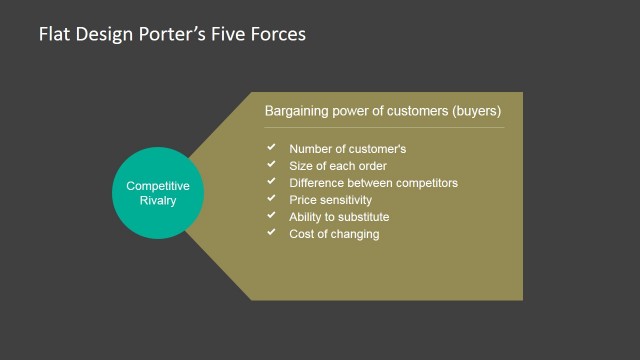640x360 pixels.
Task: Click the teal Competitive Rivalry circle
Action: tap(157, 193)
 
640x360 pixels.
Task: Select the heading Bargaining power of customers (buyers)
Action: tap(382, 111)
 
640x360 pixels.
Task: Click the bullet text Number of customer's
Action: tap(347, 149)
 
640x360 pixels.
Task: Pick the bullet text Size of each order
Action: tap(338, 166)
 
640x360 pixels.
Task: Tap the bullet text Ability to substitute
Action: tap(339, 217)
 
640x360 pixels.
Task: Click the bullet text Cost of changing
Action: tap(334, 234)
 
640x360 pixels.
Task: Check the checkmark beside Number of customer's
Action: tap(270, 148)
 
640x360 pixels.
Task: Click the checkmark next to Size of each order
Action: tap(270, 165)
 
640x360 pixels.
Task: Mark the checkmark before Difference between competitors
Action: tap(270, 182)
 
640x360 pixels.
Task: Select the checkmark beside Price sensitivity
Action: tap(270, 199)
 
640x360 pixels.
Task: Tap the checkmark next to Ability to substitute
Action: tap(270, 216)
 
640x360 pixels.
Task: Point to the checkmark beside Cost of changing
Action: tap(270, 233)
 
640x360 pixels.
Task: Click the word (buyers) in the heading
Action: tap(475, 111)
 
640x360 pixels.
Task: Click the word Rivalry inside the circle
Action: tap(157, 201)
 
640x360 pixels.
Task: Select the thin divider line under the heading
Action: tap(383, 127)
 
